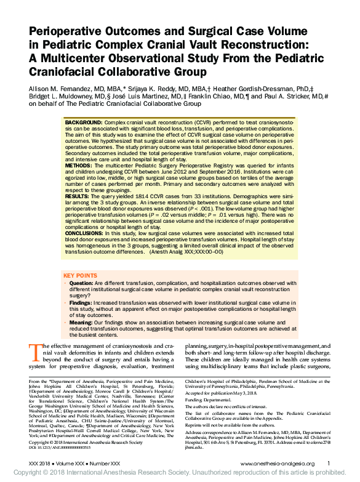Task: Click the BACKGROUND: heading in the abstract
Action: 84,124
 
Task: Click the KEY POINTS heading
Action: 81,276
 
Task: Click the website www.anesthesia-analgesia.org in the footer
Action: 277,463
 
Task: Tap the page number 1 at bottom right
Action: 329,463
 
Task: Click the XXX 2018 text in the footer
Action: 41,463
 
